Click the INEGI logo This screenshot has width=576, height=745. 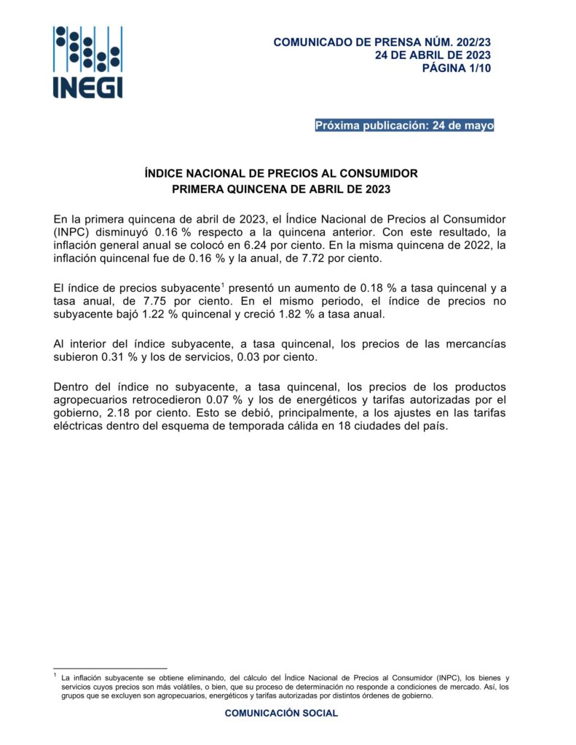[x=87, y=62]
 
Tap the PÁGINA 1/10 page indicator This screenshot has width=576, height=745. [x=457, y=68]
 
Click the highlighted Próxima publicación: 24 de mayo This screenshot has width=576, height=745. [x=404, y=126]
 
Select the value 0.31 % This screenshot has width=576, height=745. [x=113, y=357]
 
